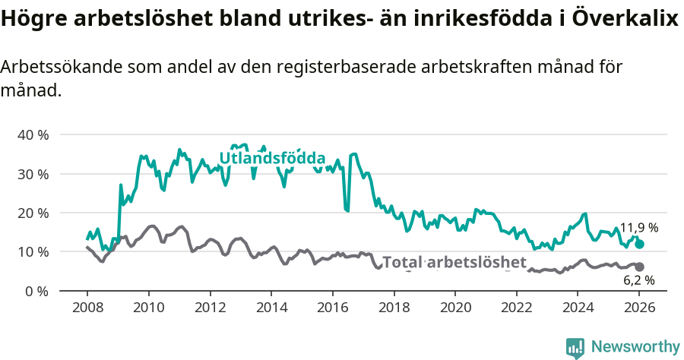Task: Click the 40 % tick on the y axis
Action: [33, 135]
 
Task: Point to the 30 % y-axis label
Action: [33, 174]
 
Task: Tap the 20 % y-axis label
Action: [33, 213]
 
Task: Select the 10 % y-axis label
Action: [33, 252]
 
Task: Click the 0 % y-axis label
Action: [36, 291]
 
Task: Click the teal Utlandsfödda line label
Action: [272, 158]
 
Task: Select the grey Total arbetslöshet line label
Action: [454, 263]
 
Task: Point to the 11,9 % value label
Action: [639, 228]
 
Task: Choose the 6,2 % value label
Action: [639, 280]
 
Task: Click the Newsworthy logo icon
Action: [575, 347]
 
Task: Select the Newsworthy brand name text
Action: [635, 347]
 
